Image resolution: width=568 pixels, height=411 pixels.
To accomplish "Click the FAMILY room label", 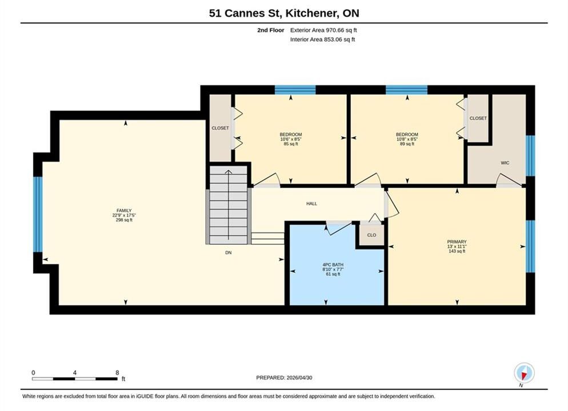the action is tap(124, 211).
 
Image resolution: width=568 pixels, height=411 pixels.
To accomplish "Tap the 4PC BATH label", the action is tap(333, 265).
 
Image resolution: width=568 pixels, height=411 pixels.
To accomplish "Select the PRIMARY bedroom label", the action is tap(457, 241).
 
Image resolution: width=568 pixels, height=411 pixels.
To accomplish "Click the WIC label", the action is tap(505, 163).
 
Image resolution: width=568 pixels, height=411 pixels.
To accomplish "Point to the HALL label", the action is tap(311, 204).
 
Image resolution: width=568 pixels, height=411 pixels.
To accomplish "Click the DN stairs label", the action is tap(228, 252).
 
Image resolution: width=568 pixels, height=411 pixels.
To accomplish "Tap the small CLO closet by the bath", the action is tap(371, 235).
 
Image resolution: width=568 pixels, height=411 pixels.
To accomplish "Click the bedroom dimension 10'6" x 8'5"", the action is tap(291, 139).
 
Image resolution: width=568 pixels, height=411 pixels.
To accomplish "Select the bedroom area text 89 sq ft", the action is tap(407, 144).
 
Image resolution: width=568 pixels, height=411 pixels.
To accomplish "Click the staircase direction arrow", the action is tap(229, 205).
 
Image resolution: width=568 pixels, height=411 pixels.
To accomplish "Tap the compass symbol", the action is tap(524, 373).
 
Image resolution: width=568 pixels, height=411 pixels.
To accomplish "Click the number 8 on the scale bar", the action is tap(117, 372).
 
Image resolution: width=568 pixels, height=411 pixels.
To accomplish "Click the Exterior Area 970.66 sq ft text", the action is tap(323, 30).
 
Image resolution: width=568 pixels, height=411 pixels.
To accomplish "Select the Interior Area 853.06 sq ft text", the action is tap(322, 39).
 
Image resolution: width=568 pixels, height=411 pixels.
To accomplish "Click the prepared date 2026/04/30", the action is tap(299, 378).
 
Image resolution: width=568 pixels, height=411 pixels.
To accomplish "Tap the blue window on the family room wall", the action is tap(38, 214).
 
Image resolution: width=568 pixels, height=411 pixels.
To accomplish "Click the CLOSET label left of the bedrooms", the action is tap(220, 128).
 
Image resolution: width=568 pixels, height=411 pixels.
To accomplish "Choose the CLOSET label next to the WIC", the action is tap(478, 118).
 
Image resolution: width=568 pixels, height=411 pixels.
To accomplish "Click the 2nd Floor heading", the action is tap(271, 30).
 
